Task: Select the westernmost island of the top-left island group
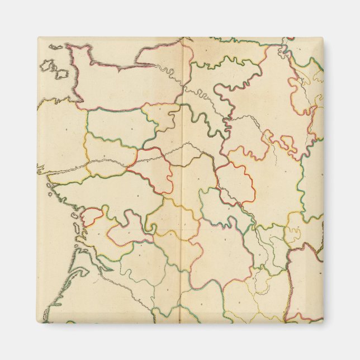click(46, 67)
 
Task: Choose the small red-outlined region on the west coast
click(94, 215)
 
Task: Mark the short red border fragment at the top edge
click(288, 40)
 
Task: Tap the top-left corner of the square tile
click(38, 38)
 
